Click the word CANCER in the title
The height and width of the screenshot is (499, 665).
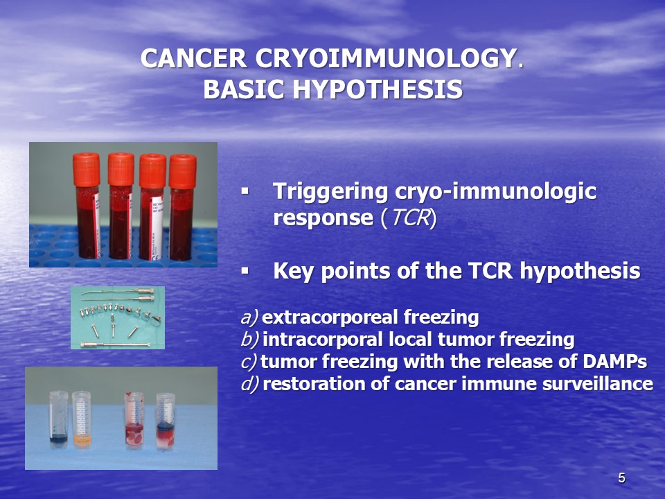(x=194, y=58)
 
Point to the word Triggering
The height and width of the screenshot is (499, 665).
(x=330, y=192)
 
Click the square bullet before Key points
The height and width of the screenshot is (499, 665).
(x=245, y=270)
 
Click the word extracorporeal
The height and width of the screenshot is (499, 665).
(x=330, y=317)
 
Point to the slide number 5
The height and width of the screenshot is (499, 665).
(x=621, y=478)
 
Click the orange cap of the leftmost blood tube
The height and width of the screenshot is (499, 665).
(x=86, y=170)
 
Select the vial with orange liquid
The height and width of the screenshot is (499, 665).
(x=82, y=420)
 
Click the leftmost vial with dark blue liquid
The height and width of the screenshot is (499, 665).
(x=58, y=420)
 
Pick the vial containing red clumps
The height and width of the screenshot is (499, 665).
(x=134, y=421)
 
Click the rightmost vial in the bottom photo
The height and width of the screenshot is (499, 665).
(x=166, y=422)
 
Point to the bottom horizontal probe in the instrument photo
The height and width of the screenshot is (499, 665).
(x=115, y=344)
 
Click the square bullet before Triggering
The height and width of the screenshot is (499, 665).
(x=245, y=191)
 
